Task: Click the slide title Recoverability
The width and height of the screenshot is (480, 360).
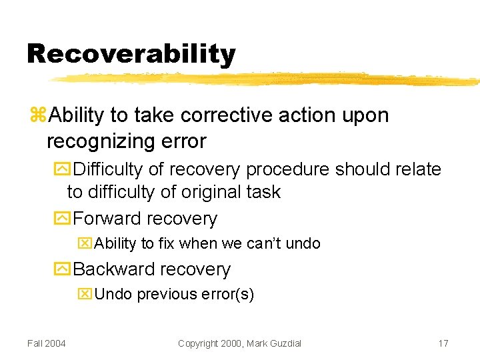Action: (131, 54)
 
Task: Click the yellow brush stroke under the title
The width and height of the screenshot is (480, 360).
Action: (267, 79)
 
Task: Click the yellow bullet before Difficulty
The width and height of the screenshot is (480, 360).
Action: (62, 169)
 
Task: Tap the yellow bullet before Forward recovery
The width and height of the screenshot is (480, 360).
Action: (62, 219)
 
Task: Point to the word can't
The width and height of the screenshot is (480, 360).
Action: (265, 244)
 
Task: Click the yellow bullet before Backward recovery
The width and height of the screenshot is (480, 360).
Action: (62, 269)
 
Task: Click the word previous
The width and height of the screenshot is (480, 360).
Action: (162, 294)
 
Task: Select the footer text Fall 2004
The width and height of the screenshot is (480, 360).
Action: (47, 343)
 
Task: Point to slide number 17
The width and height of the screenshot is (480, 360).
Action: (443, 343)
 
